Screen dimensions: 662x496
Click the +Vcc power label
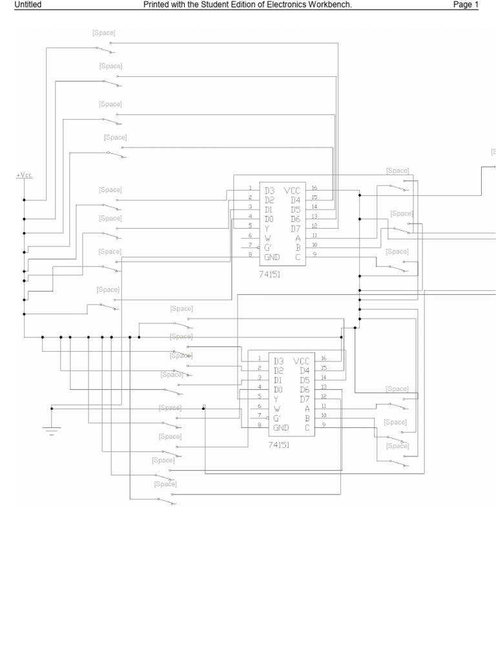(24, 175)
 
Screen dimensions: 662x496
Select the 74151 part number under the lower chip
(280, 445)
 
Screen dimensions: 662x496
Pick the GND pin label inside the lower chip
(280, 428)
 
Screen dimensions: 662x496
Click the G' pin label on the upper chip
(267, 248)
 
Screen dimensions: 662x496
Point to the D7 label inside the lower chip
(305, 399)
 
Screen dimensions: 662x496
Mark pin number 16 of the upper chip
(315, 188)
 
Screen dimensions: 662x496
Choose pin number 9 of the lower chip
(324, 424)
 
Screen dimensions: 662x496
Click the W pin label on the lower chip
(276, 409)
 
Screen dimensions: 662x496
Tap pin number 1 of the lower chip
(259, 358)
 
